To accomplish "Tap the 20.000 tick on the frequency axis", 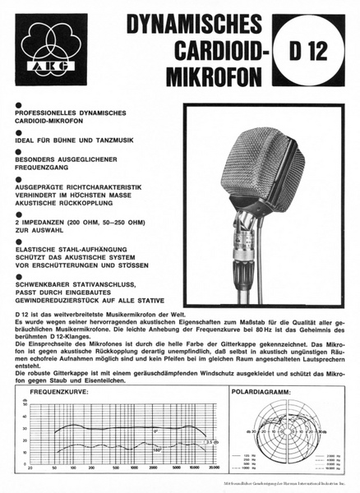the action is point(213,466).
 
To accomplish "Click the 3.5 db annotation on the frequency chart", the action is point(213,443).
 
